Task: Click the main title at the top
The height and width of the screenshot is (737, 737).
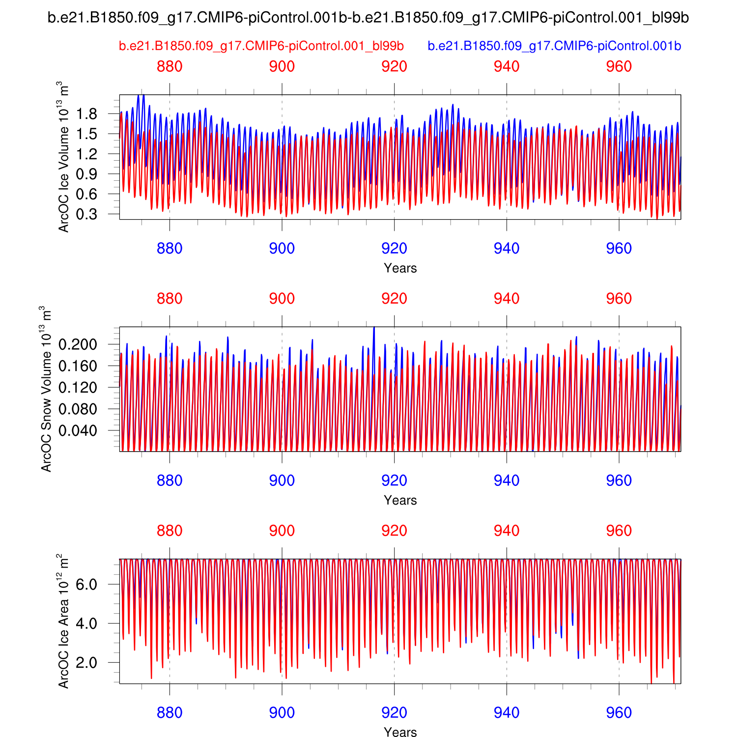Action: pyautogui.click(x=368, y=18)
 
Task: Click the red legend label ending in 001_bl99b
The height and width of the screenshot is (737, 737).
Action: pyautogui.click(x=261, y=46)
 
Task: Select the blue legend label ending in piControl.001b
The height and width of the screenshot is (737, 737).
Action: pyautogui.click(x=554, y=46)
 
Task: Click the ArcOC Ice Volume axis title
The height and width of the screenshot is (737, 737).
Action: pyautogui.click(x=64, y=157)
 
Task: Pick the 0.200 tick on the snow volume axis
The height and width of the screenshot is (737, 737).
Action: pyautogui.click(x=78, y=344)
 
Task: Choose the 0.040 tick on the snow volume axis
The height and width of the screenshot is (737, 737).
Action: pyautogui.click(x=78, y=430)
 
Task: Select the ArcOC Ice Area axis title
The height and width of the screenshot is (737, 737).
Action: pyautogui.click(x=64, y=621)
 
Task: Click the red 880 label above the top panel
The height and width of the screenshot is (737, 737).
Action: pyautogui.click(x=170, y=67)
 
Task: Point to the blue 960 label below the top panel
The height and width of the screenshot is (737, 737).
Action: pyautogui.click(x=619, y=249)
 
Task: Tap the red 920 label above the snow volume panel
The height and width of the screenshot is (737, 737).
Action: pyautogui.click(x=394, y=299)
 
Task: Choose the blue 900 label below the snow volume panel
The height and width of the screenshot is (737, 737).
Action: pyautogui.click(x=282, y=481)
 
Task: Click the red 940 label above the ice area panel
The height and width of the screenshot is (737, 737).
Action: pyautogui.click(x=507, y=531)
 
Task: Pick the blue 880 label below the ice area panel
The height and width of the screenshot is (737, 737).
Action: pyautogui.click(x=170, y=712)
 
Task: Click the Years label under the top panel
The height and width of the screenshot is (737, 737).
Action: pyautogui.click(x=400, y=268)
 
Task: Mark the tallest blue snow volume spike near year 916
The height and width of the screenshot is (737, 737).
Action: pyautogui.click(x=374, y=328)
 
